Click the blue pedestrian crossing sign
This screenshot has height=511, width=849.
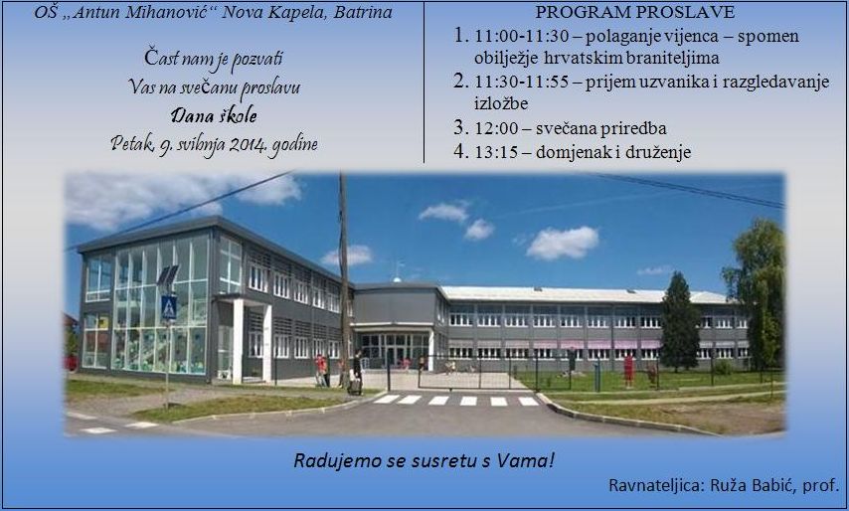168,308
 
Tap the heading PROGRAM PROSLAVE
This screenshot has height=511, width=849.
634,12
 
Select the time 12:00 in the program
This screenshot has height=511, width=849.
496,129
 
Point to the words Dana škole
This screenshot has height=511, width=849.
214,115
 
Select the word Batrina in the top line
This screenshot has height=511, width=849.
363,13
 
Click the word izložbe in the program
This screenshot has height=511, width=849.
501,103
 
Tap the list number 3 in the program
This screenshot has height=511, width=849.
460,127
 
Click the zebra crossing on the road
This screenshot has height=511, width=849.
456,401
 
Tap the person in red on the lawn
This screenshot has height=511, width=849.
628,370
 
